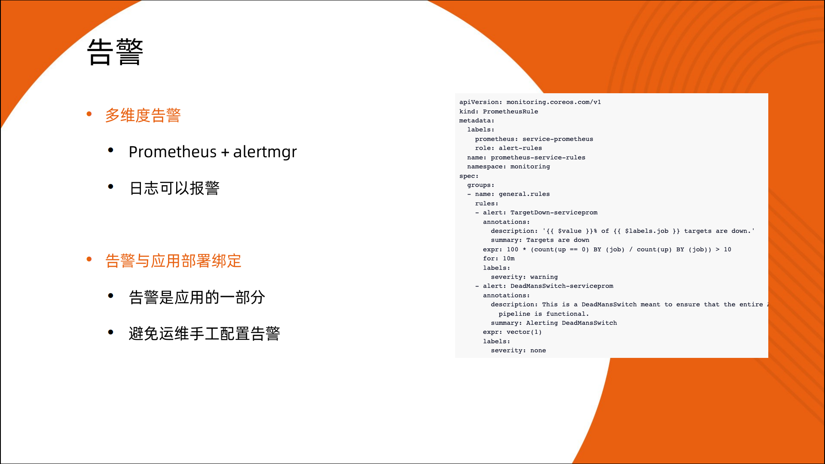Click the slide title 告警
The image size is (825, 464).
(x=115, y=52)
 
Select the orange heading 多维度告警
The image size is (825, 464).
(x=143, y=115)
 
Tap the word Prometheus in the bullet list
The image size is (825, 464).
(x=173, y=152)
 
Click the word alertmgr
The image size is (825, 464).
(x=265, y=152)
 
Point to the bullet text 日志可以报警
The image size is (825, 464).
(x=174, y=188)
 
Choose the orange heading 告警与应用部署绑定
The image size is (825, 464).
(x=173, y=261)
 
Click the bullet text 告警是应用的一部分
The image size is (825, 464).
(x=197, y=297)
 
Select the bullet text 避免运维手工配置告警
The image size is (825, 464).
(x=205, y=333)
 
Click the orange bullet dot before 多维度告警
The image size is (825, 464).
(x=89, y=114)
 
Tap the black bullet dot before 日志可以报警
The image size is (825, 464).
(x=111, y=186)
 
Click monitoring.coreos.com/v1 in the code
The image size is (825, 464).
(x=553, y=102)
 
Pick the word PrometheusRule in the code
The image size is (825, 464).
(x=510, y=111)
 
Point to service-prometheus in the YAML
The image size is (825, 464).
(x=558, y=139)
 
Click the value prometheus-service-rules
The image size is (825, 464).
(x=538, y=157)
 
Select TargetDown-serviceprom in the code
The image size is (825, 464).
(x=554, y=213)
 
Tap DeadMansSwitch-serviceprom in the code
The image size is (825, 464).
(x=562, y=286)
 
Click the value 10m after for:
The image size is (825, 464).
(x=509, y=259)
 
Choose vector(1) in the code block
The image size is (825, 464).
(x=524, y=332)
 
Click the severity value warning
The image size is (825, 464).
(x=544, y=277)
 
